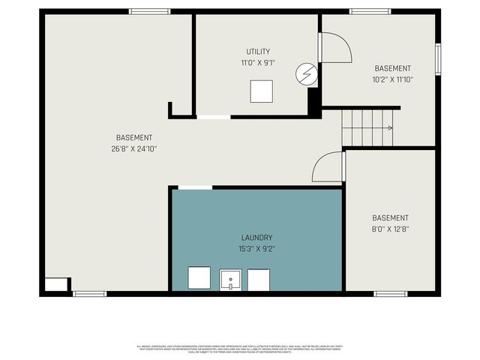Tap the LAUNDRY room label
click(x=257, y=237)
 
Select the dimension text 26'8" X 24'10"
click(x=133, y=148)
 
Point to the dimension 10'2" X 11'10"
click(x=392, y=79)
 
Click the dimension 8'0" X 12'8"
click(x=390, y=229)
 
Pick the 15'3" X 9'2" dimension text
click(x=257, y=248)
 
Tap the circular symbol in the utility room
click(x=306, y=73)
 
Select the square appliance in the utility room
click(x=262, y=91)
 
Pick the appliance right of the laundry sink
click(x=258, y=280)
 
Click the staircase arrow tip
click(x=391, y=128)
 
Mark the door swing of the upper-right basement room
click(x=336, y=48)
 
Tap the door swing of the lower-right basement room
click(x=328, y=166)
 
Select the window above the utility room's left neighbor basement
click(x=148, y=11)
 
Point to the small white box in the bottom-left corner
click(x=55, y=285)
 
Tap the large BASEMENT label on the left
click(x=133, y=137)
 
